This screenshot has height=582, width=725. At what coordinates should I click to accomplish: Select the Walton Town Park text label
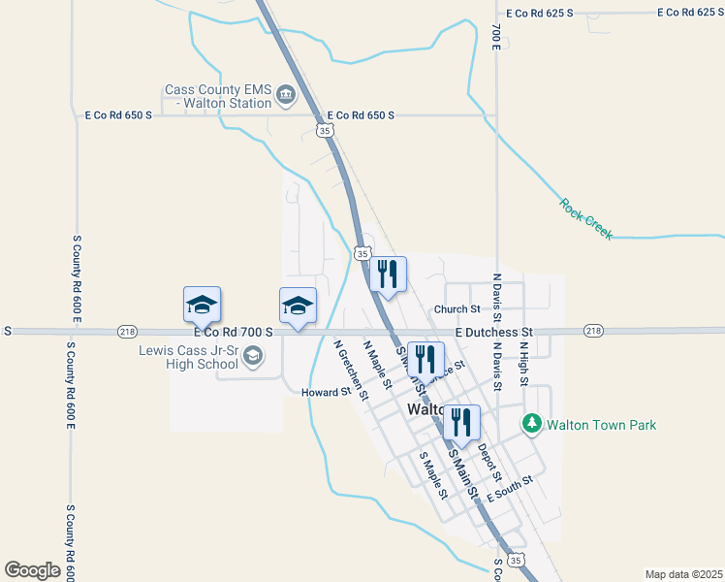point(601,425)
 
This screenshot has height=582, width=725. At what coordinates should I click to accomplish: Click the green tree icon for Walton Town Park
point(531,424)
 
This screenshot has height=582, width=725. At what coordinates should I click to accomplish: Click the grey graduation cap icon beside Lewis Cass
point(252,357)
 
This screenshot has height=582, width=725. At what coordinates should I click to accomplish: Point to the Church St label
point(457,309)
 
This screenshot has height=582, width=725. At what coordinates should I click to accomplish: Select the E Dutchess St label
point(494,332)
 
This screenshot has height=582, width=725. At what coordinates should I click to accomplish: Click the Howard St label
point(325,392)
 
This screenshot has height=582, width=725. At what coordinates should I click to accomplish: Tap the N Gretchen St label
point(350,370)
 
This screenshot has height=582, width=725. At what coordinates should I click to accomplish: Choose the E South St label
point(511,488)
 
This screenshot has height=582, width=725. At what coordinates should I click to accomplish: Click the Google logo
point(33,570)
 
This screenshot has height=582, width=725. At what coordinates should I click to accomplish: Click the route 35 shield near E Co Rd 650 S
point(326,130)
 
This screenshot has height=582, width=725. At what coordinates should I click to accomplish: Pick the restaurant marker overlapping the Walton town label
point(461,421)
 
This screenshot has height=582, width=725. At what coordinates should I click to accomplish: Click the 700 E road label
point(495,36)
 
